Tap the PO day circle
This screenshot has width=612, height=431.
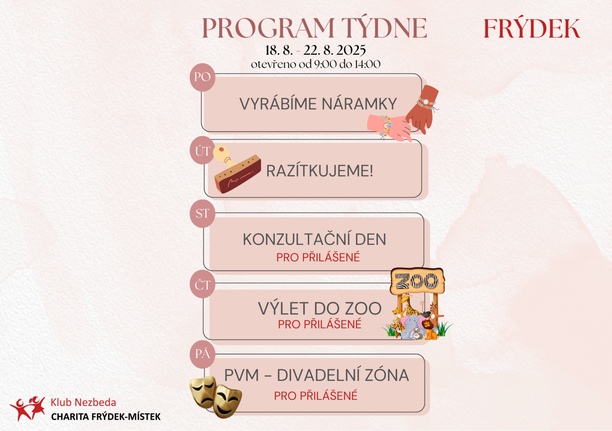pyautogui.click(x=202, y=77)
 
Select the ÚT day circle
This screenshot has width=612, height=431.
pyautogui.click(x=202, y=151)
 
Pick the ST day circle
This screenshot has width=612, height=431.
pyautogui.click(x=202, y=214)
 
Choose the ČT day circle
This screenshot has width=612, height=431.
pyautogui.click(x=202, y=284)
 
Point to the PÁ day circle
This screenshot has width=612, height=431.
pyautogui.click(x=202, y=354)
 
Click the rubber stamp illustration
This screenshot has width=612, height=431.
pyautogui.click(x=237, y=170)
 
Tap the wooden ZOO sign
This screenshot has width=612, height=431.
pyautogui.click(x=417, y=281)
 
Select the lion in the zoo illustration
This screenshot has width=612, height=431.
pyautogui.click(x=430, y=330)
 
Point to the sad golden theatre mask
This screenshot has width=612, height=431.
pyautogui.click(x=203, y=392)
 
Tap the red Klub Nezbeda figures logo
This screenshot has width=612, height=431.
pyautogui.click(x=28, y=408)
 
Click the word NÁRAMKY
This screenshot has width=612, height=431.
pyautogui.click(x=359, y=104)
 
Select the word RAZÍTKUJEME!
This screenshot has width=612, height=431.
pyautogui.click(x=320, y=171)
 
